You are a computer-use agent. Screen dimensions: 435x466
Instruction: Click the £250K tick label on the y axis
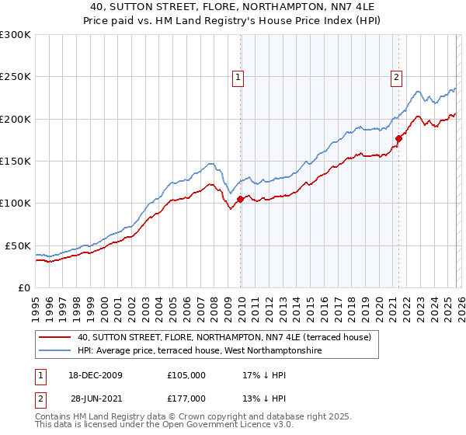click(15, 77)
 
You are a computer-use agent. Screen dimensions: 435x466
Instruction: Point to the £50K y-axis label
click(18, 245)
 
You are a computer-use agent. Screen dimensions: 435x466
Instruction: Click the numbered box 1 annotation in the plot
click(237, 77)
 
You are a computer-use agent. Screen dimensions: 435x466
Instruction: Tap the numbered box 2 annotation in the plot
click(396, 77)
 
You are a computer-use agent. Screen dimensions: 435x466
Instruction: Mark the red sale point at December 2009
click(240, 199)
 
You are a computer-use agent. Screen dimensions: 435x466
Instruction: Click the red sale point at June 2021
click(398, 138)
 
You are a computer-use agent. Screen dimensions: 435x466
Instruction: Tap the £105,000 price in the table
click(186, 374)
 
